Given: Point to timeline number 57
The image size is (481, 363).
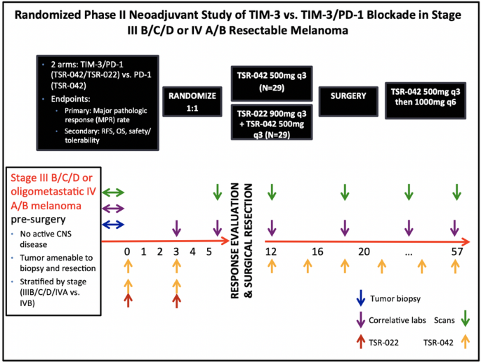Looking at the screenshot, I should point(457,251).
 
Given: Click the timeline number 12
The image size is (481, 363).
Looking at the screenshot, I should point(272,251).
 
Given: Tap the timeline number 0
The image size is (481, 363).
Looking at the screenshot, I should point(127,251).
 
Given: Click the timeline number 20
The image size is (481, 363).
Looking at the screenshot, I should point(364,251).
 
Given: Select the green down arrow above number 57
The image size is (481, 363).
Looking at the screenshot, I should point(457,192).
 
